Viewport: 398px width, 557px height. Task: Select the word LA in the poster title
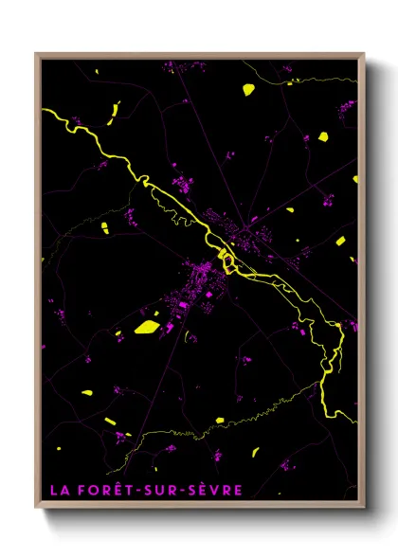point(60,490)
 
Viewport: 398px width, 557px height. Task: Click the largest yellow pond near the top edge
point(248,90)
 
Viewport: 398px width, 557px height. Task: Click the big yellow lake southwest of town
point(147,327)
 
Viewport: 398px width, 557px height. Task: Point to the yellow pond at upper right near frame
point(323,135)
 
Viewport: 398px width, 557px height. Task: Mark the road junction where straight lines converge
point(250,225)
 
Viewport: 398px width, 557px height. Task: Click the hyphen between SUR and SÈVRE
point(185,490)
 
